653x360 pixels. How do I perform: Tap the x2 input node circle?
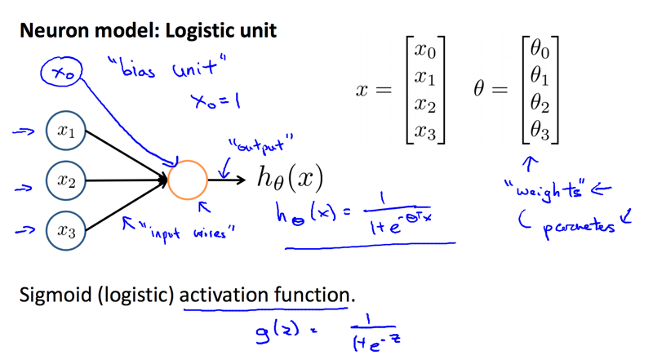pos(66,181)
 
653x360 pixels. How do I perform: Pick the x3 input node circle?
pos(66,231)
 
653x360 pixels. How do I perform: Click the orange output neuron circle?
pos(188,180)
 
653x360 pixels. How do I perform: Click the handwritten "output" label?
pos(264,147)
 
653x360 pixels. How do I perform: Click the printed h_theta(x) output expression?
pos(290,178)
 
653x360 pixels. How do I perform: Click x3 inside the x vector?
pos(425,131)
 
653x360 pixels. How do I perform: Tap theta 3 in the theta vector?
pos(540,131)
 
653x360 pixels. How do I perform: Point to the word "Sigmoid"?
pos(53,295)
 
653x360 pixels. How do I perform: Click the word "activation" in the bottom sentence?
pos(225,295)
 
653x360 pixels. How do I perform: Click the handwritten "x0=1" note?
pos(214,103)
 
